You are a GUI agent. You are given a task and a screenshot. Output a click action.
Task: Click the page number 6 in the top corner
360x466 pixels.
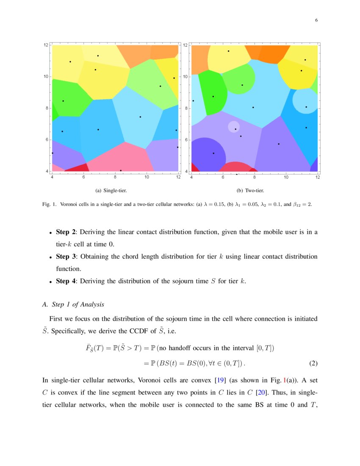(316, 20)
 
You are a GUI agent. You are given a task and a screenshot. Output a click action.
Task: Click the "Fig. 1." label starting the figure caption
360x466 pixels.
(50, 204)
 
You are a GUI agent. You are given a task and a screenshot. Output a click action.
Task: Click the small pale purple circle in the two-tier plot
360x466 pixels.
(233, 127)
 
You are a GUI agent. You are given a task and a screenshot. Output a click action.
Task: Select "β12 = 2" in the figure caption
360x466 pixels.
(301, 204)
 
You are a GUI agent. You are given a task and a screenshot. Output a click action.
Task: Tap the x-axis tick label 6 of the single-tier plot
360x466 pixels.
(83, 177)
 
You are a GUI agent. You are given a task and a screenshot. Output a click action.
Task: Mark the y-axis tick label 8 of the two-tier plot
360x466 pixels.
(186, 108)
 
